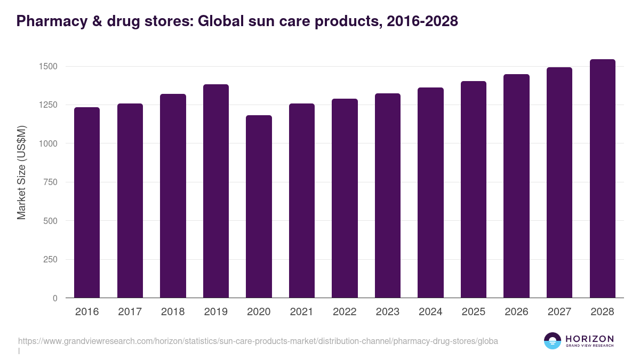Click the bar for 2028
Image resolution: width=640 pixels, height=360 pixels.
click(x=602, y=179)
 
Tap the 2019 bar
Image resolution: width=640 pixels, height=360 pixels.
click(x=216, y=191)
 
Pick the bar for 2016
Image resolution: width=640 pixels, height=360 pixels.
click(x=87, y=203)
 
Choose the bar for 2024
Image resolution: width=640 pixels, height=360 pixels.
click(x=430, y=193)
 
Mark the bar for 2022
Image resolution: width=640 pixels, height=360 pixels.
click(x=345, y=198)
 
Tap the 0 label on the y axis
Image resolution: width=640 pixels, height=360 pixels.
click(x=55, y=298)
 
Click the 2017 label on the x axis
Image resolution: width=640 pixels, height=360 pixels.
click(x=130, y=312)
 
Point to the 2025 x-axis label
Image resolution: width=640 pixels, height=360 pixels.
click(x=473, y=312)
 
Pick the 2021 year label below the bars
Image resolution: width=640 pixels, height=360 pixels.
click(x=301, y=312)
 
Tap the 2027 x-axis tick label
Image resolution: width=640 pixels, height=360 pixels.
click(x=559, y=312)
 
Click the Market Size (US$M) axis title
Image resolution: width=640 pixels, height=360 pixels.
click(x=21, y=173)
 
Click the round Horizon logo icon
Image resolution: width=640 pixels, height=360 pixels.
click(x=553, y=341)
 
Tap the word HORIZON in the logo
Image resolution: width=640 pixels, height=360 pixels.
click(x=589, y=338)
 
